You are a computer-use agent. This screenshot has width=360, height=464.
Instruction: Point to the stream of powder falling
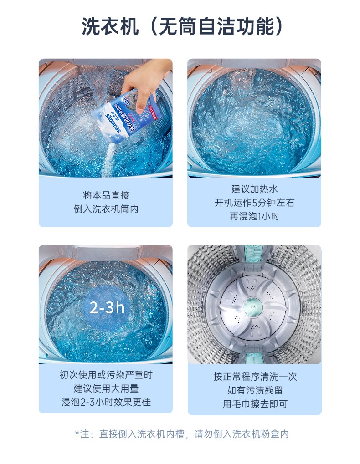click(x=108, y=160)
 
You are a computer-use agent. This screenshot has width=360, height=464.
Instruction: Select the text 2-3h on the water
click(x=107, y=307)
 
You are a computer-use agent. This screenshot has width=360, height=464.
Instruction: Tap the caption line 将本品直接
click(x=106, y=195)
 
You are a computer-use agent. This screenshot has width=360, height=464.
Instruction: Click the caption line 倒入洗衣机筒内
click(x=106, y=209)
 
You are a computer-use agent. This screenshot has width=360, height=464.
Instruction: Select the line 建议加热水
click(x=255, y=189)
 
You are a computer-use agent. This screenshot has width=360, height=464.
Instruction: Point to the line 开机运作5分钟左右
click(x=255, y=203)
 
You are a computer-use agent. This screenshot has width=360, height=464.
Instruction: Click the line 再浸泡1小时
click(x=255, y=216)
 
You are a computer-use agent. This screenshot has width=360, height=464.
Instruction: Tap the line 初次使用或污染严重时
click(x=106, y=375)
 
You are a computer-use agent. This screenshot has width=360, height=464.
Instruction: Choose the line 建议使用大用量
click(x=106, y=388)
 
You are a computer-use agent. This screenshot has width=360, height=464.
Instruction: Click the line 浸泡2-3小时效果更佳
click(x=106, y=402)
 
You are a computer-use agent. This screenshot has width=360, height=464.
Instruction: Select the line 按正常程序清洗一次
click(x=255, y=377)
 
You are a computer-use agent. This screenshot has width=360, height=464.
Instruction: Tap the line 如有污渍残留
click(x=255, y=390)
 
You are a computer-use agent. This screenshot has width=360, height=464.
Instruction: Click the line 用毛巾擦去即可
click(x=255, y=403)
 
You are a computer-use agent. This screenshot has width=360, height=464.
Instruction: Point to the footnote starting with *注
click(x=181, y=434)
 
